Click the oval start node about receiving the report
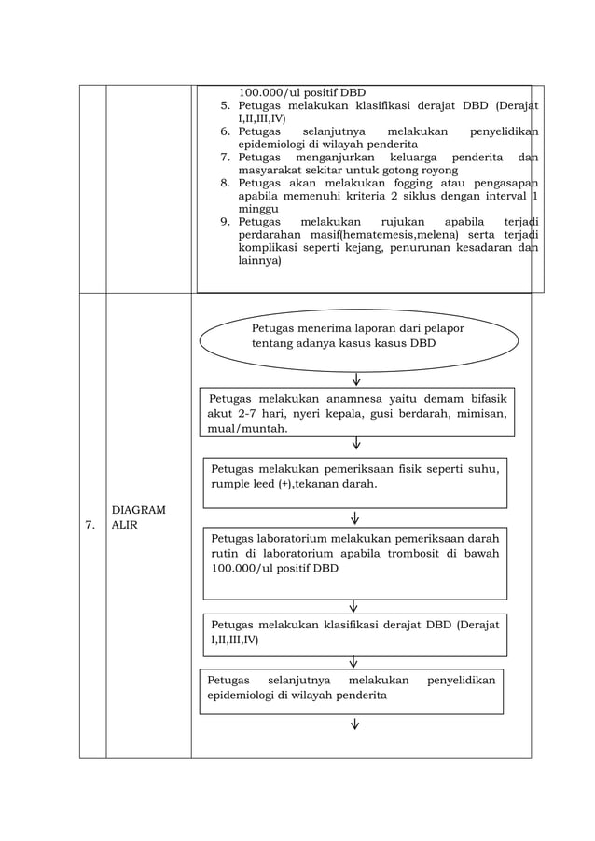click(x=359, y=340)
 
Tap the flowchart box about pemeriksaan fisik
click(x=354, y=482)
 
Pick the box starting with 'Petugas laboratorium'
click(x=354, y=563)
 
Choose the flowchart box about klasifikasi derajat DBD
click(x=354, y=632)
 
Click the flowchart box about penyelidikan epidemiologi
click(x=351, y=690)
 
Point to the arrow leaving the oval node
click(x=356, y=379)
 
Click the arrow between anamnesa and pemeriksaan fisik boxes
click(x=356, y=444)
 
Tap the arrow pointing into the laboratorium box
click(x=355, y=517)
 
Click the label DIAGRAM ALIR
click(x=138, y=517)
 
